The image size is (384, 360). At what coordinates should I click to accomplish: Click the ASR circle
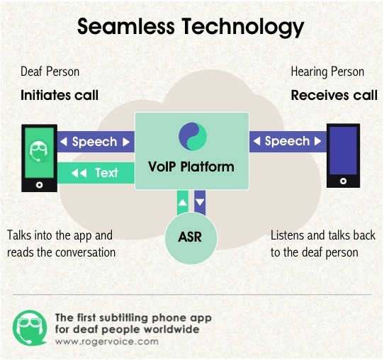[x=191, y=237]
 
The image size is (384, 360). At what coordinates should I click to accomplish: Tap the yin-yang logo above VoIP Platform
[x=193, y=136]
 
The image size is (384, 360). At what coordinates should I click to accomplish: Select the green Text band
[x=96, y=173]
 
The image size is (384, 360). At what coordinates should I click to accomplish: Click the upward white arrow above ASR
[x=183, y=203]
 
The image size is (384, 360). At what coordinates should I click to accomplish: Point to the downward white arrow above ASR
[x=200, y=202]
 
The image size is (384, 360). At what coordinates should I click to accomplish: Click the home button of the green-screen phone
[x=39, y=185]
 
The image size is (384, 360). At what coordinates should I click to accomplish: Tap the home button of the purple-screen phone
[x=343, y=181]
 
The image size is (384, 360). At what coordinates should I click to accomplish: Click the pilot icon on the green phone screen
[x=38, y=152]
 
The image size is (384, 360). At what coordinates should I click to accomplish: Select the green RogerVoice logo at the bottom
[x=30, y=327]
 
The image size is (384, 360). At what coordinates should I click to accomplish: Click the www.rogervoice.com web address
[x=107, y=342]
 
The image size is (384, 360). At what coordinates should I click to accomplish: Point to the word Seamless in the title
[x=126, y=26]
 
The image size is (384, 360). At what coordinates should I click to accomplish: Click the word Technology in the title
[x=243, y=28]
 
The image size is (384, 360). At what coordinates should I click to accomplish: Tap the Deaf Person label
[x=50, y=72]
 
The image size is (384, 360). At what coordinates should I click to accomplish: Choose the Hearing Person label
[x=327, y=72]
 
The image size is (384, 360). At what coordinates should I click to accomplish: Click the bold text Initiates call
[x=60, y=95]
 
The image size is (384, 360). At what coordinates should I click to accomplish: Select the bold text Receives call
[x=334, y=95]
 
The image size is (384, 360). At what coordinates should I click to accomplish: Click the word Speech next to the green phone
[x=94, y=142]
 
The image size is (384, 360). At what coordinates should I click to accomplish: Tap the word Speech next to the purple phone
[x=287, y=141]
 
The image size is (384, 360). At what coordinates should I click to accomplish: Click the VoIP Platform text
[x=191, y=167]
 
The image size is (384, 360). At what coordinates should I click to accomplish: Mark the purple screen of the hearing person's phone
[x=343, y=150]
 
